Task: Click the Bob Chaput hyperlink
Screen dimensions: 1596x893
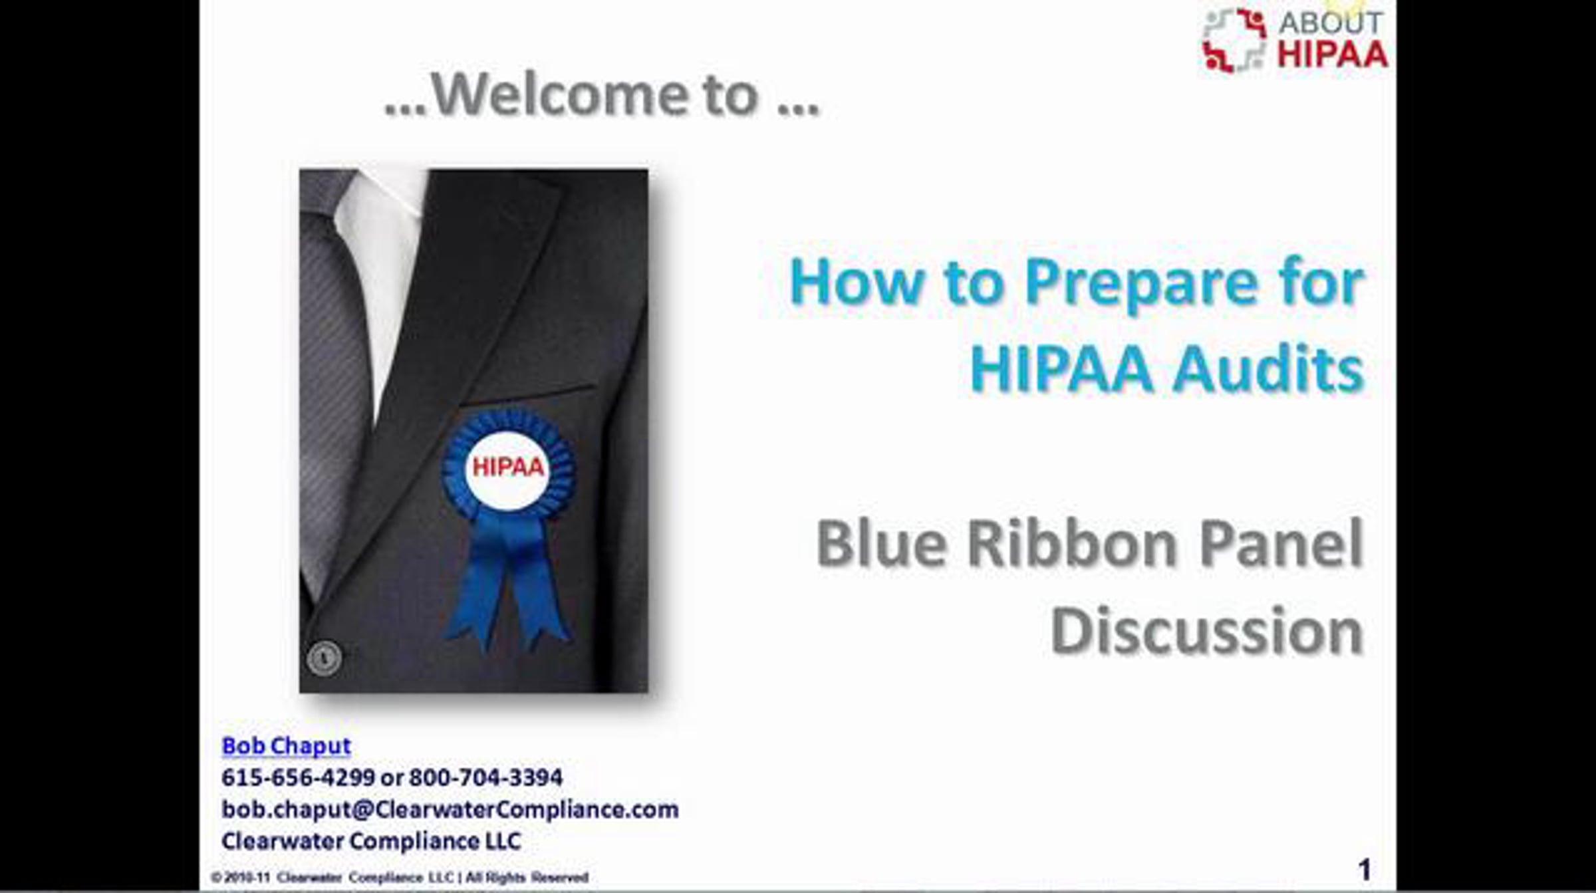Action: point(286,746)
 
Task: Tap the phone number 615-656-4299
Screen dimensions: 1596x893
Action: point(298,777)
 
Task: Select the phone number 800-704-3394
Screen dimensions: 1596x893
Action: point(485,777)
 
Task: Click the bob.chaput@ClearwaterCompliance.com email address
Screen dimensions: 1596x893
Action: point(450,810)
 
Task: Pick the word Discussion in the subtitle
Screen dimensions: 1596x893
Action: point(1208,630)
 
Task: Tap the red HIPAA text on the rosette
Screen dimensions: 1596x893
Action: point(508,467)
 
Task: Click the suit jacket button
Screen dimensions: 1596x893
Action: point(325,658)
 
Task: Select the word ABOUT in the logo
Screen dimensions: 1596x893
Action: point(1330,23)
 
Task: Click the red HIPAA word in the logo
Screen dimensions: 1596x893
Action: point(1332,55)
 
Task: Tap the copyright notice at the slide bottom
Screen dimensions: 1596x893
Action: point(400,877)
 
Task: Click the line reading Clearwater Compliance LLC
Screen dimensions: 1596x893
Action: point(371,841)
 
